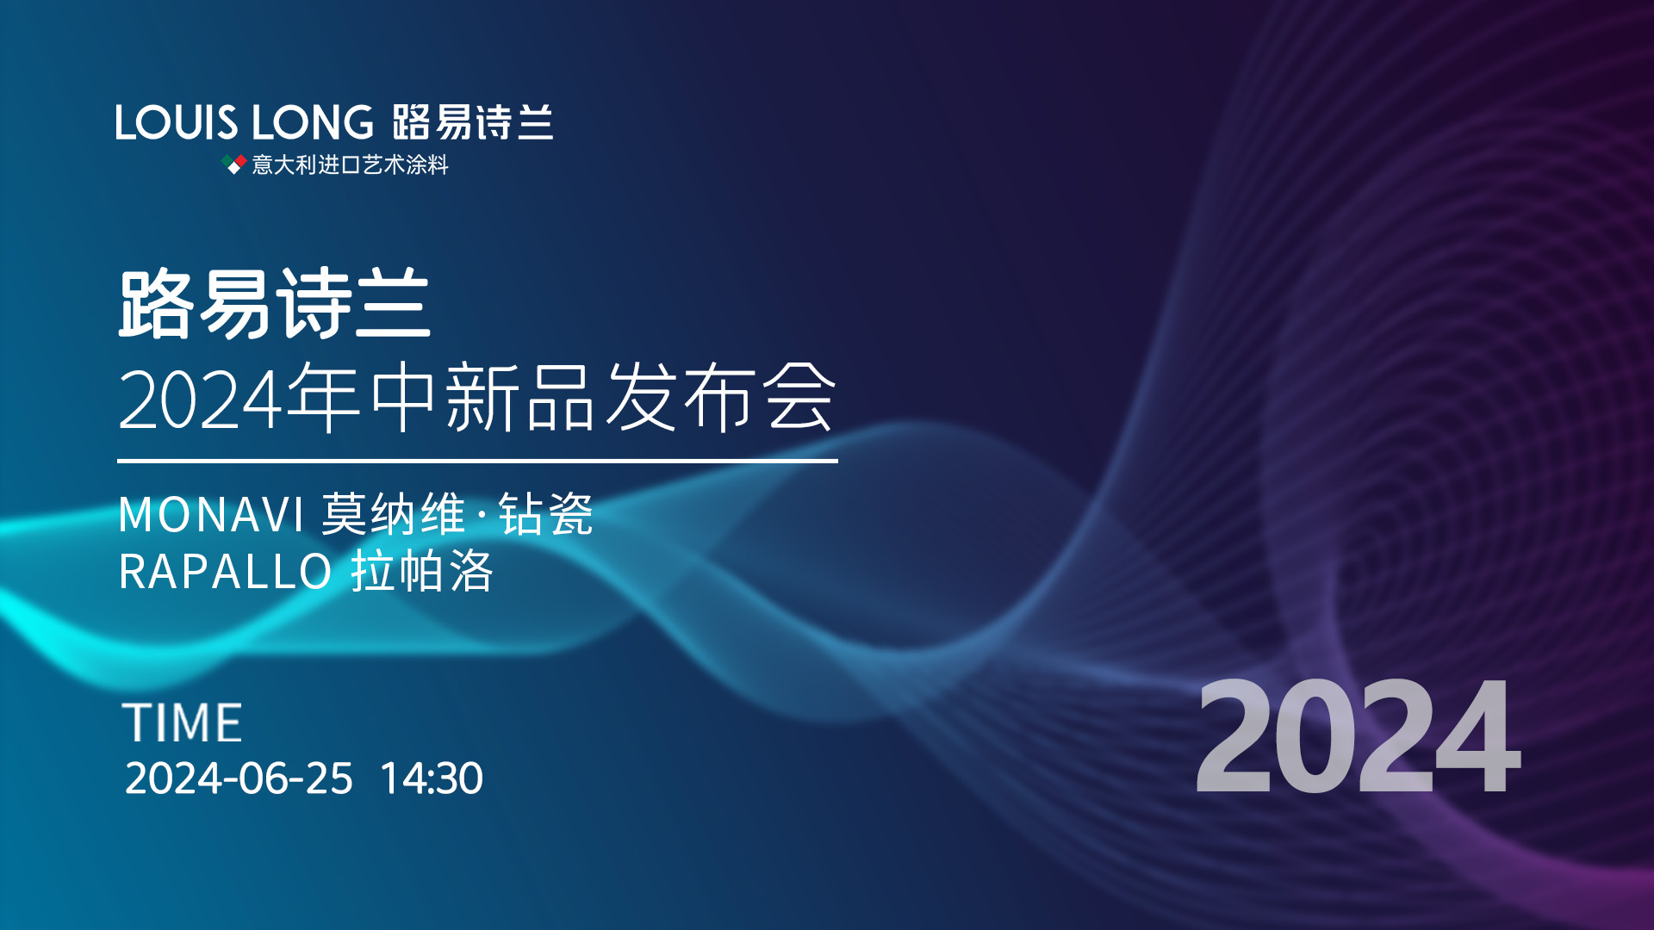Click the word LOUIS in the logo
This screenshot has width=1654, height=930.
[176, 122]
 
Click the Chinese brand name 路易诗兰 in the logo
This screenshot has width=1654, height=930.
[473, 122]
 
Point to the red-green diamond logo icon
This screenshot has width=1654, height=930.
[234, 164]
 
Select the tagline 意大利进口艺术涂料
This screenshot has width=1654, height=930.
[350, 164]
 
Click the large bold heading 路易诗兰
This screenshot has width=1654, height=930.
[274, 303]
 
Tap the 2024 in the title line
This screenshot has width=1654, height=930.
[201, 399]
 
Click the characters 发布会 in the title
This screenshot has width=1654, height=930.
[720, 396]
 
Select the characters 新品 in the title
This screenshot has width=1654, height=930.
[519, 396]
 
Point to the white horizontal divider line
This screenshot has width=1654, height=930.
[477, 461]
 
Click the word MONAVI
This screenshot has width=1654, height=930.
[211, 515]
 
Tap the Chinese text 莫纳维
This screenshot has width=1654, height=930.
[394, 515]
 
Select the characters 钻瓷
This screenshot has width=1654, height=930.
[546, 515]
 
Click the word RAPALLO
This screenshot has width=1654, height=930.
[226, 571]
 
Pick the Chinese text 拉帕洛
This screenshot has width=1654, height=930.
[422, 571]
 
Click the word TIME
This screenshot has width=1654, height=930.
[183, 722]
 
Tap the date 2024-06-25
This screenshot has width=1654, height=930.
[239, 778]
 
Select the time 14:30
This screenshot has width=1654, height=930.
[432, 778]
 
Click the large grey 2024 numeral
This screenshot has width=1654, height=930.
[1359, 735]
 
